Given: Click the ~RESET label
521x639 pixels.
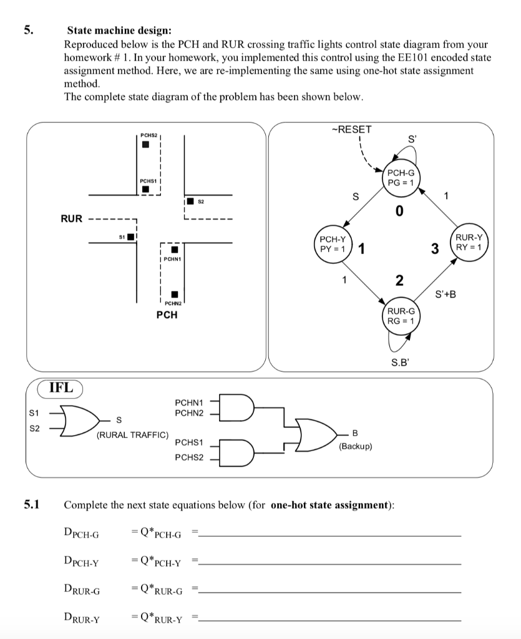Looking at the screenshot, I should [x=353, y=130].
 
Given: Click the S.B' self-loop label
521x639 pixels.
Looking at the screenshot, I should [x=401, y=361].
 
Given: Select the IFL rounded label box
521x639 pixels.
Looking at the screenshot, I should [x=61, y=388].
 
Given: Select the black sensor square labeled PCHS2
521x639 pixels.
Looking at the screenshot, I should [x=145, y=145].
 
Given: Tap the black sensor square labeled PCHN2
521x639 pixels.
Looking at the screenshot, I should [x=175, y=294].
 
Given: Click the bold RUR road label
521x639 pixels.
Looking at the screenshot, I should [x=71, y=218].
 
